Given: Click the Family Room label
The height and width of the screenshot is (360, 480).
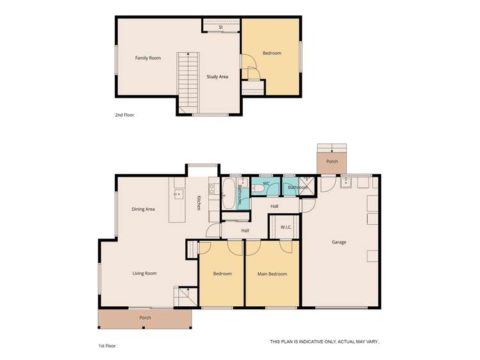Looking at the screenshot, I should click(x=147, y=58).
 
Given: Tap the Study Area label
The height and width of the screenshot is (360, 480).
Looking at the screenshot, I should click(x=217, y=77).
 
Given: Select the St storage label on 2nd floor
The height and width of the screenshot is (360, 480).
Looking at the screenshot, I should click(x=220, y=28).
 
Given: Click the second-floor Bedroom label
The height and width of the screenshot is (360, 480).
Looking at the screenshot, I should click(x=272, y=53).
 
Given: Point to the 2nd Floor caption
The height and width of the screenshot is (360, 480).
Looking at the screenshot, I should click(x=124, y=115).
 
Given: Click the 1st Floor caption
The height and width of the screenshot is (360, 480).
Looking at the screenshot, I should click(x=107, y=345).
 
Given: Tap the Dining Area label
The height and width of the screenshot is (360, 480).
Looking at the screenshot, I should click(x=143, y=209).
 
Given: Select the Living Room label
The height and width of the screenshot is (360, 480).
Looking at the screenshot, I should click(x=144, y=274).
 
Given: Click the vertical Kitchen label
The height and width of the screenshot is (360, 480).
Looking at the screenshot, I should click(x=199, y=203).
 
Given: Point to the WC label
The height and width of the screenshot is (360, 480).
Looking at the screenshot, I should click(x=266, y=183).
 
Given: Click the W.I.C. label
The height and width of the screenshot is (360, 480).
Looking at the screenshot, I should click(x=286, y=227).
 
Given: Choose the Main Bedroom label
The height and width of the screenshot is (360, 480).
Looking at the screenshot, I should click(x=272, y=274).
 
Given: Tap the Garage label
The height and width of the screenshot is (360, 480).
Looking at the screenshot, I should click(x=338, y=242).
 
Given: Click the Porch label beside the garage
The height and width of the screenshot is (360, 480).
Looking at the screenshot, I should click(x=332, y=161).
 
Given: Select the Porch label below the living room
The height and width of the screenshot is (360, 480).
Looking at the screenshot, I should click(x=145, y=318).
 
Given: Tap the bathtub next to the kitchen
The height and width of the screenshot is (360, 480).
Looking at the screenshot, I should click(x=229, y=194).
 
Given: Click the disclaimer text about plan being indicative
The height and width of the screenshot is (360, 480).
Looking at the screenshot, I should click(x=324, y=342).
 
